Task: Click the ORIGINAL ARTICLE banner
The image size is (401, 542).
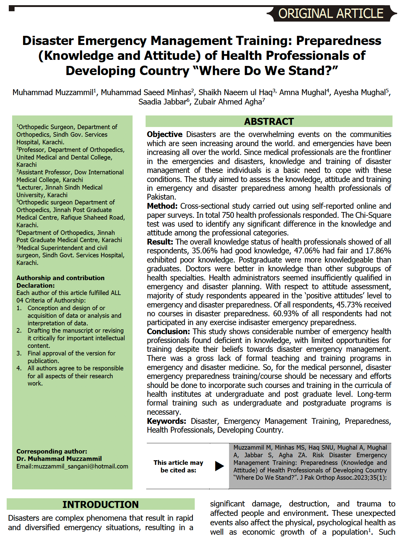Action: [331, 14]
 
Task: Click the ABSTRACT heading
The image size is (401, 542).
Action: [269, 122]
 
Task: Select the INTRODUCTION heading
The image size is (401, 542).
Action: [100, 504]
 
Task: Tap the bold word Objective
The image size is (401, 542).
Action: [164, 134]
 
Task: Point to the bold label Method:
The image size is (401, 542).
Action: [162, 206]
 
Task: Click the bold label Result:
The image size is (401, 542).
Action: [160, 242]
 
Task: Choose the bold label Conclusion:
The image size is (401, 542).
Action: [168, 331]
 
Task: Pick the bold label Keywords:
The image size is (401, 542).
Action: [166, 421]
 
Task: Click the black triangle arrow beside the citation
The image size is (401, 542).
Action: [219, 466]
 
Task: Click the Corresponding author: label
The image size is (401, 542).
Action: [52, 451]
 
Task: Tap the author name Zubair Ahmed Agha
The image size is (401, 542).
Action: [228, 102]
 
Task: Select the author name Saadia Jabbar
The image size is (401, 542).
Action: [162, 102]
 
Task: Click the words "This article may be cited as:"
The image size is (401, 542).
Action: [178, 466]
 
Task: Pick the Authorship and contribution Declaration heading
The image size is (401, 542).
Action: [60, 282]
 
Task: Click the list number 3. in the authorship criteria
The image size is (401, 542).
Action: [19, 353]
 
